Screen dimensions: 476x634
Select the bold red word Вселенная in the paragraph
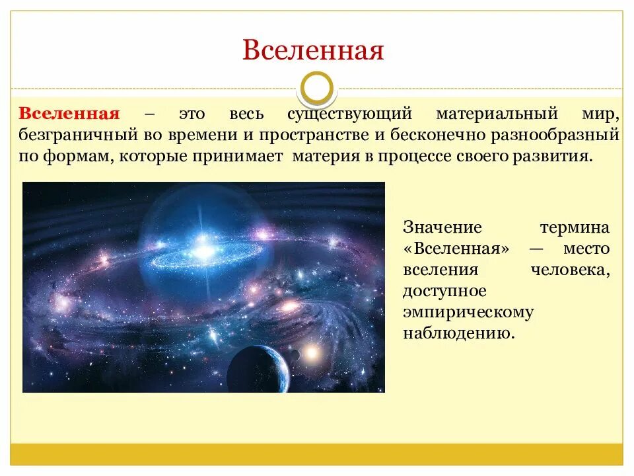[69, 113]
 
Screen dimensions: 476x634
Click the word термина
[574, 227]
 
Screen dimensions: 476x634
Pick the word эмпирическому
[468, 311]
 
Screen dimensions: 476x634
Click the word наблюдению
[458, 333]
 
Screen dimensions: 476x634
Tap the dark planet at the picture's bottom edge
[258, 370]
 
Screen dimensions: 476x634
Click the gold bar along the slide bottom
[316, 454]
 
